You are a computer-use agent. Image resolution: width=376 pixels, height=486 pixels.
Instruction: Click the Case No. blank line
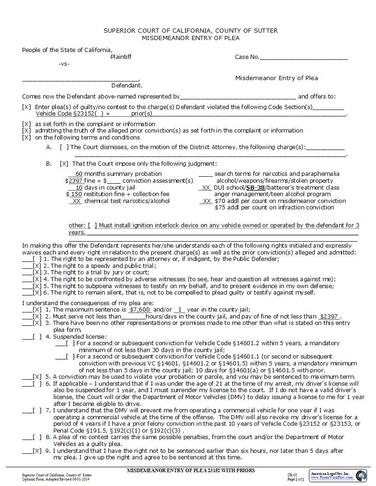(x=304, y=58)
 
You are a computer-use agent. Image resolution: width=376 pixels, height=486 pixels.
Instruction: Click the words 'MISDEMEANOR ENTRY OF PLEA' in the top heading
(x=190, y=38)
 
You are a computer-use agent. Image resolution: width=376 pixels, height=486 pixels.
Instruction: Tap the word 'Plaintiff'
(x=121, y=57)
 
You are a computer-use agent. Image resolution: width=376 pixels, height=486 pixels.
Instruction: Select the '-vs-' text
(x=64, y=64)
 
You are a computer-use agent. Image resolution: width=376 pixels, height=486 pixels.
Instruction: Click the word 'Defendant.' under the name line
(x=127, y=85)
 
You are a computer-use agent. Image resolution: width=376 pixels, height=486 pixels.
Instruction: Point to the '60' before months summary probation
(x=79, y=174)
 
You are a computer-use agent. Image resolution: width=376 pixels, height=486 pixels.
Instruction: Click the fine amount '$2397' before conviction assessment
(x=74, y=180)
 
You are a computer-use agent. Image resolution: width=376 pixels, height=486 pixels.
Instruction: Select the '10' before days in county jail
(x=79, y=187)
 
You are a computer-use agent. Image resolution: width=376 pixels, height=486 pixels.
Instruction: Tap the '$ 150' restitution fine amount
(x=74, y=194)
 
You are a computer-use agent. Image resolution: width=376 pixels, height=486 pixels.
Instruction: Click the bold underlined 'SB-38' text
(x=255, y=187)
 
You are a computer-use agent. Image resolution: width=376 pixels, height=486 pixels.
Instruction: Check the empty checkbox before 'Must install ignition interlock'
(x=92, y=226)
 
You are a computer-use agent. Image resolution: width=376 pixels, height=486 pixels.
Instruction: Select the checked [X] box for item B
(x=64, y=163)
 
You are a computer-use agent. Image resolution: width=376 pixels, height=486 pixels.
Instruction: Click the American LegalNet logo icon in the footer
(x=361, y=474)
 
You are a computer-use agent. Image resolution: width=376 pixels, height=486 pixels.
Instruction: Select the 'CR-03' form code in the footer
(x=292, y=474)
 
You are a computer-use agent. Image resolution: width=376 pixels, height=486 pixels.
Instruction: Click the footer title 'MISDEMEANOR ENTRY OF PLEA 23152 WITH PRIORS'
(x=190, y=471)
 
